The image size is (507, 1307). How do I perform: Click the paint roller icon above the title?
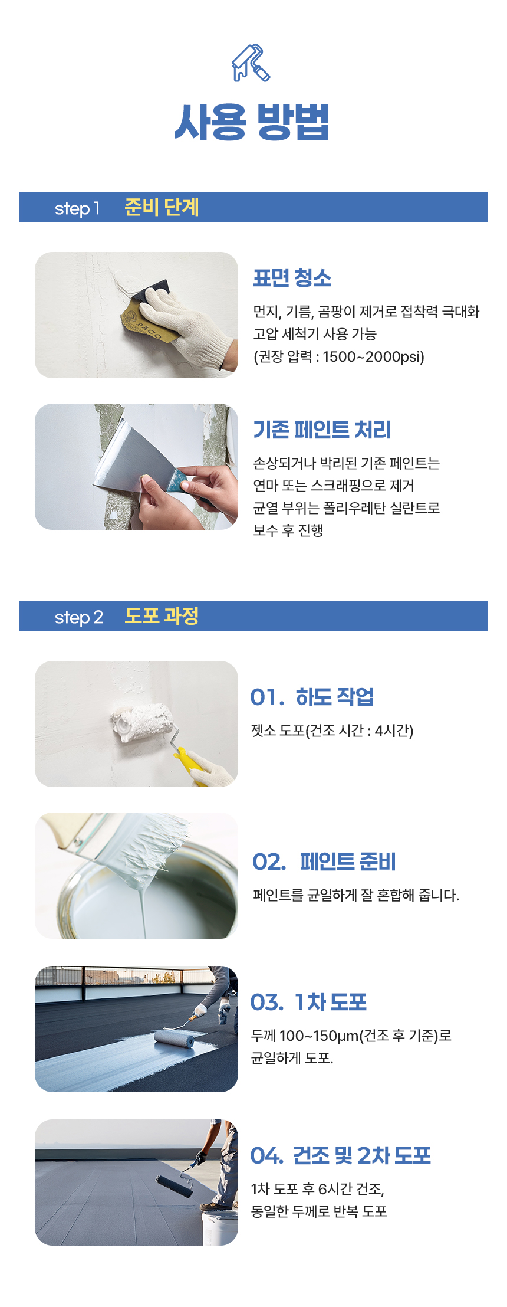pyautogui.click(x=251, y=63)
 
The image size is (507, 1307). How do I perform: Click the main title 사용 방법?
pyautogui.click(x=252, y=122)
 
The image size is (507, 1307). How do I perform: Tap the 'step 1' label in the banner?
pyautogui.click(x=77, y=208)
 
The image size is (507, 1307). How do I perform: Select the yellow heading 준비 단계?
pyautogui.click(x=162, y=207)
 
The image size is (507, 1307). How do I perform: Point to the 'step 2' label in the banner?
pyautogui.click(x=78, y=617)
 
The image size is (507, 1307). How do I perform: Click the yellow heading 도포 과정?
pyautogui.click(x=162, y=616)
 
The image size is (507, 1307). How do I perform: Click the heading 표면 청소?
pyautogui.click(x=292, y=278)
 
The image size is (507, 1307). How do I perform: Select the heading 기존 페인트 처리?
pyautogui.click(x=322, y=430)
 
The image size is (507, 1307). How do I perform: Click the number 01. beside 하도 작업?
pyautogui.click(x=267, y=697)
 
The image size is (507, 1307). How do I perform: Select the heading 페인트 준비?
pyautogui.click(x=348, y=861)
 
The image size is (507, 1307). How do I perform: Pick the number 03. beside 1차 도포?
pyautogui.click(x=266, y=1002)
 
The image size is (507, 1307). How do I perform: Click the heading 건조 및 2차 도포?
pyautogui.click(x=361, y=1155)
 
